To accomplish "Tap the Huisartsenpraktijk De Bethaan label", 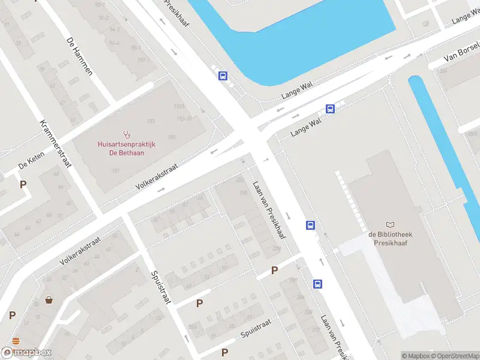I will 127,148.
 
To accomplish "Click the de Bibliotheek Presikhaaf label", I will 390,239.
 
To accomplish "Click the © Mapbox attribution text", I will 415,356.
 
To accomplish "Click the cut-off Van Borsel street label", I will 462,53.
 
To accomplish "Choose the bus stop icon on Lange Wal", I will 330,109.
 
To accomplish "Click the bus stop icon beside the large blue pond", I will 223,76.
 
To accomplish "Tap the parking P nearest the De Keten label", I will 23,185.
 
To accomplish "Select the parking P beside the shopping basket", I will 12,315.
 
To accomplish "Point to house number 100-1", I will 143,59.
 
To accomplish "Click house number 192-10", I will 185,118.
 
